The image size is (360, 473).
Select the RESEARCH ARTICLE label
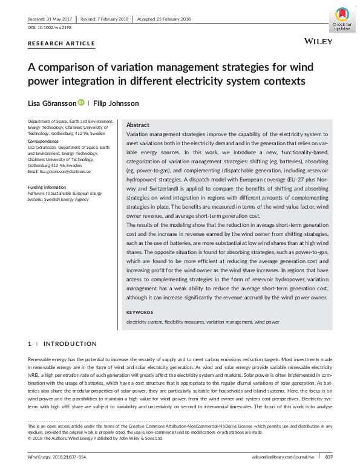point(61,44)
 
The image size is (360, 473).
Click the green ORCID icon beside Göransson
point(81,103)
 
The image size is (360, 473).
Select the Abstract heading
point(138,125)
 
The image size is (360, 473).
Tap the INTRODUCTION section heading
point(70,344)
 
